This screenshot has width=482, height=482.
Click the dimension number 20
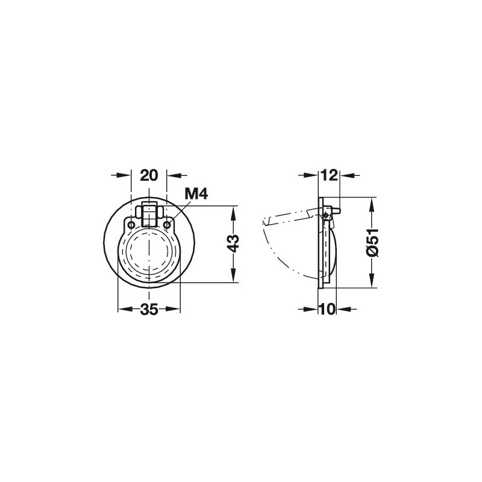(149, 175)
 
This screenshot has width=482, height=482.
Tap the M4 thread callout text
(196, 194)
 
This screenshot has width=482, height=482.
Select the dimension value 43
(234, 243)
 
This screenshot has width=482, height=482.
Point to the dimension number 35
(149, 309)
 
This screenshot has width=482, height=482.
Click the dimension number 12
(329, 175)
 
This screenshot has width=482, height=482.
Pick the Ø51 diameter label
(372, 243)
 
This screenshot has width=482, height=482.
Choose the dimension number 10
(327, 309)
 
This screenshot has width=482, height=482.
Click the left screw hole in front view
(131, 225)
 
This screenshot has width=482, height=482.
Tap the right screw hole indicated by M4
(167, 225)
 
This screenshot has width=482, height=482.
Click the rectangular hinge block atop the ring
(149, 214)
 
